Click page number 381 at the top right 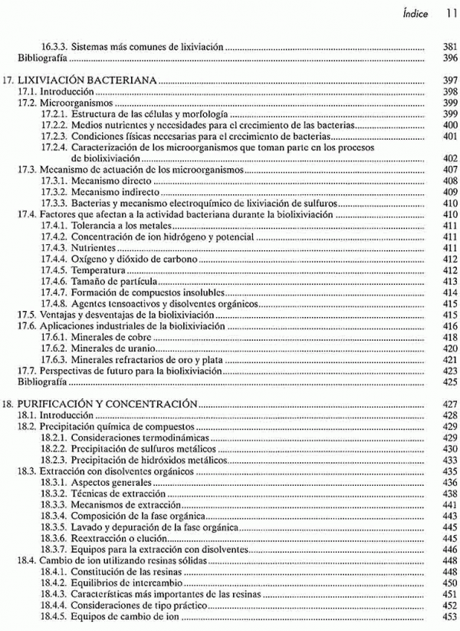[x=450, y=47]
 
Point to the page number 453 [x=450, y=617]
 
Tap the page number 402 [x=450, y=158]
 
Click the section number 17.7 [x=28, y=371]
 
